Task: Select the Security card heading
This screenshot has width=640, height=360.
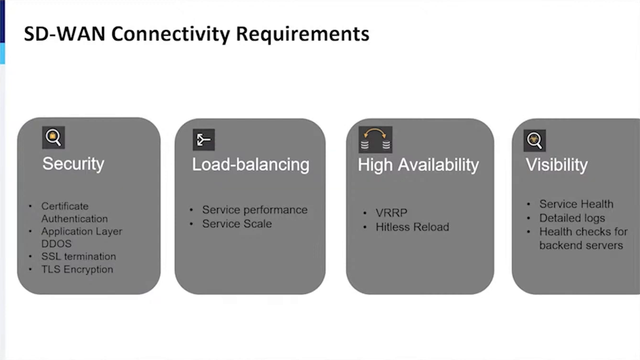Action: pos(73,164)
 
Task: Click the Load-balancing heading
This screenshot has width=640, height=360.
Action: pos(250,165)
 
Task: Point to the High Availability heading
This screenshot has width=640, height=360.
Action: pos(418,165)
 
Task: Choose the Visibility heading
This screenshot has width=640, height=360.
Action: pos(557,165)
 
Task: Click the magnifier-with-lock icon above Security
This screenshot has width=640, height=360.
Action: pos(53,138)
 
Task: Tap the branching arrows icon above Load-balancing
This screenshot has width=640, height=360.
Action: pos(204,140)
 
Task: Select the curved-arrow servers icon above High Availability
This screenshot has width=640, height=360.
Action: pos(375,140)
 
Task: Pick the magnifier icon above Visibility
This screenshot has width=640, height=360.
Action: pos(535,140)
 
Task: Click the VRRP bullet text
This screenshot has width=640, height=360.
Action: pos(391,213)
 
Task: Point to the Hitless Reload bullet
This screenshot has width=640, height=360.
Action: pos(412,227)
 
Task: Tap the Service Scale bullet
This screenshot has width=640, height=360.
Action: pos(237,224)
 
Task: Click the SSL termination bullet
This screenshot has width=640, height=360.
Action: pos(79,257)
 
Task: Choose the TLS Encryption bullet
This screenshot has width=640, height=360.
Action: pos(77,270)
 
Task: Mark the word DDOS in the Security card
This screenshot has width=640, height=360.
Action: pos(56,244)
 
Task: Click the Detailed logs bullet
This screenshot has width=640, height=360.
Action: pos(572,218)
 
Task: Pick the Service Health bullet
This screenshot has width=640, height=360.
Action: pos(576,204)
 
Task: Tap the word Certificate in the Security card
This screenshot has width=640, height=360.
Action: pos(65,206)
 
